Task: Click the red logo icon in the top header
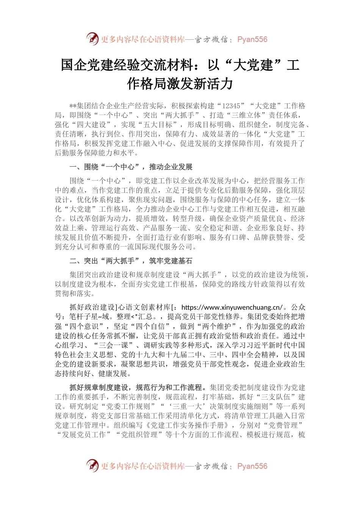[92, 39]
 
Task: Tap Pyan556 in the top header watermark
[252, 39]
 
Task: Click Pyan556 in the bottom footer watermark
[252, 466]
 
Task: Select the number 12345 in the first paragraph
[231, 106]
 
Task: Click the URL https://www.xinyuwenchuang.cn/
[232, 307]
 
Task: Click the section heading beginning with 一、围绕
[131, 167]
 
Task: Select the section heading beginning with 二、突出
[131, 261]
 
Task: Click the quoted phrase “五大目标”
[157, 125]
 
